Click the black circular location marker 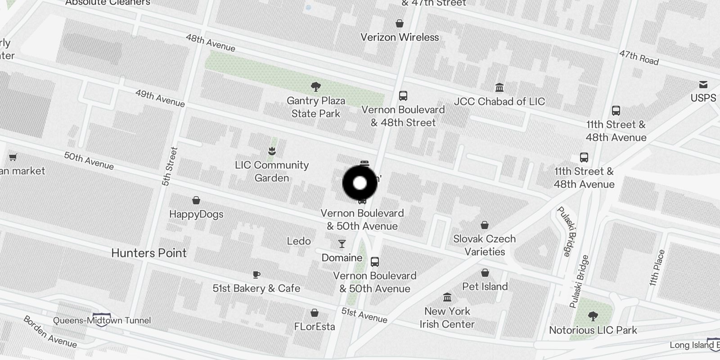(x=360, y=183)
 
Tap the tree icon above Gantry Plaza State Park (x=316, y=86)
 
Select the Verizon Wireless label (x=400, y=37)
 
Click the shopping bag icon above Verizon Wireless (x=400, y=23)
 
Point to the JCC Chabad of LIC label (x=499, y=102)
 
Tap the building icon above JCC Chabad (x=499, y=87)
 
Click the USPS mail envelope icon (x=703, y=85)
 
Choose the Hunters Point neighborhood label (x=149, y=253)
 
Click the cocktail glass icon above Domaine (x=342, y=244)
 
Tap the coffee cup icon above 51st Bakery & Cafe (x=256, y=274)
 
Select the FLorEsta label (x=315, y=327)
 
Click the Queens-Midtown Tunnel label (x=102, y=321)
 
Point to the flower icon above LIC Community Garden (x=272, y=151)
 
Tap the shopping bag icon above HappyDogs (x=196, y=200)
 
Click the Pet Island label (x=485, y=287)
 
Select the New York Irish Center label (x=447, y=318)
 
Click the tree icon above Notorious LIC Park (x=593, y=316)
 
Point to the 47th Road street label (x=639, y=58)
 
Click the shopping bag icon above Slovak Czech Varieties (x=485, y=225)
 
